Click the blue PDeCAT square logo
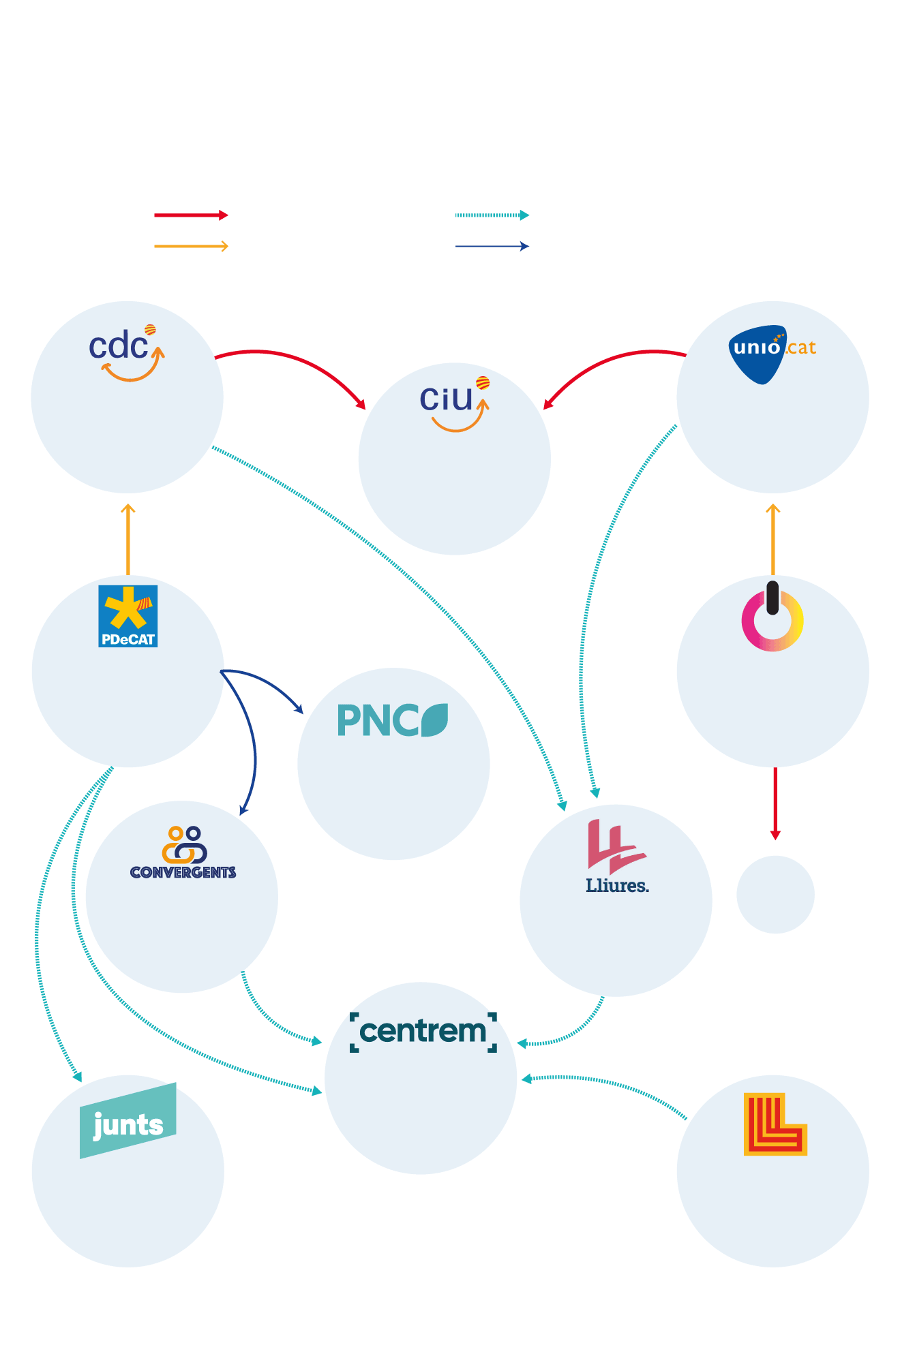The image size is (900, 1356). [x=128, y=616]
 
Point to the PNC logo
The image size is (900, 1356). [x=393, y=720]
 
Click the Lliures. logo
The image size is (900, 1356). [x=616, y=857]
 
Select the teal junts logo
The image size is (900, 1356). [x=128, y=1121]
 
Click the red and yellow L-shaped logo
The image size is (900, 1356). [x=775, y=1124]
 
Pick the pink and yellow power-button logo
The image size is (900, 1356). [x=772, y=617]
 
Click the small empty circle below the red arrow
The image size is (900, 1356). [x=775, y=895]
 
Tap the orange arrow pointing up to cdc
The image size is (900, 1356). [x=127, y=538]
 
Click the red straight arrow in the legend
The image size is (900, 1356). [x=191, y=215]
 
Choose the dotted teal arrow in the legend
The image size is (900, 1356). [x=492, y=215]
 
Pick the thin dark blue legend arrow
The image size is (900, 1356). [x=492, y=246]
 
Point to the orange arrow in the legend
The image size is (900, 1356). [x=191, y=246]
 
